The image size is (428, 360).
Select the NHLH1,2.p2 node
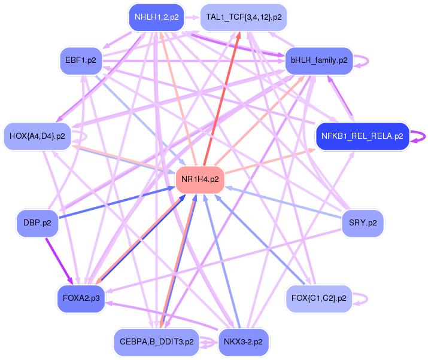156,17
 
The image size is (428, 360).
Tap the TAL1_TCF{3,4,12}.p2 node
244,17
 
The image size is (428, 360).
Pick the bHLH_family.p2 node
318,60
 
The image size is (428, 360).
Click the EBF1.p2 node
81,60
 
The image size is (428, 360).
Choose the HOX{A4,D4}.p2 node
38,136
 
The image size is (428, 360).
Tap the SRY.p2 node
362,224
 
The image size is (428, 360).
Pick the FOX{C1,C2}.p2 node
318,298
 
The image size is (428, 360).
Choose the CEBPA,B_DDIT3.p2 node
156,343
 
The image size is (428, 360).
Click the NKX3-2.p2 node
244,343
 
